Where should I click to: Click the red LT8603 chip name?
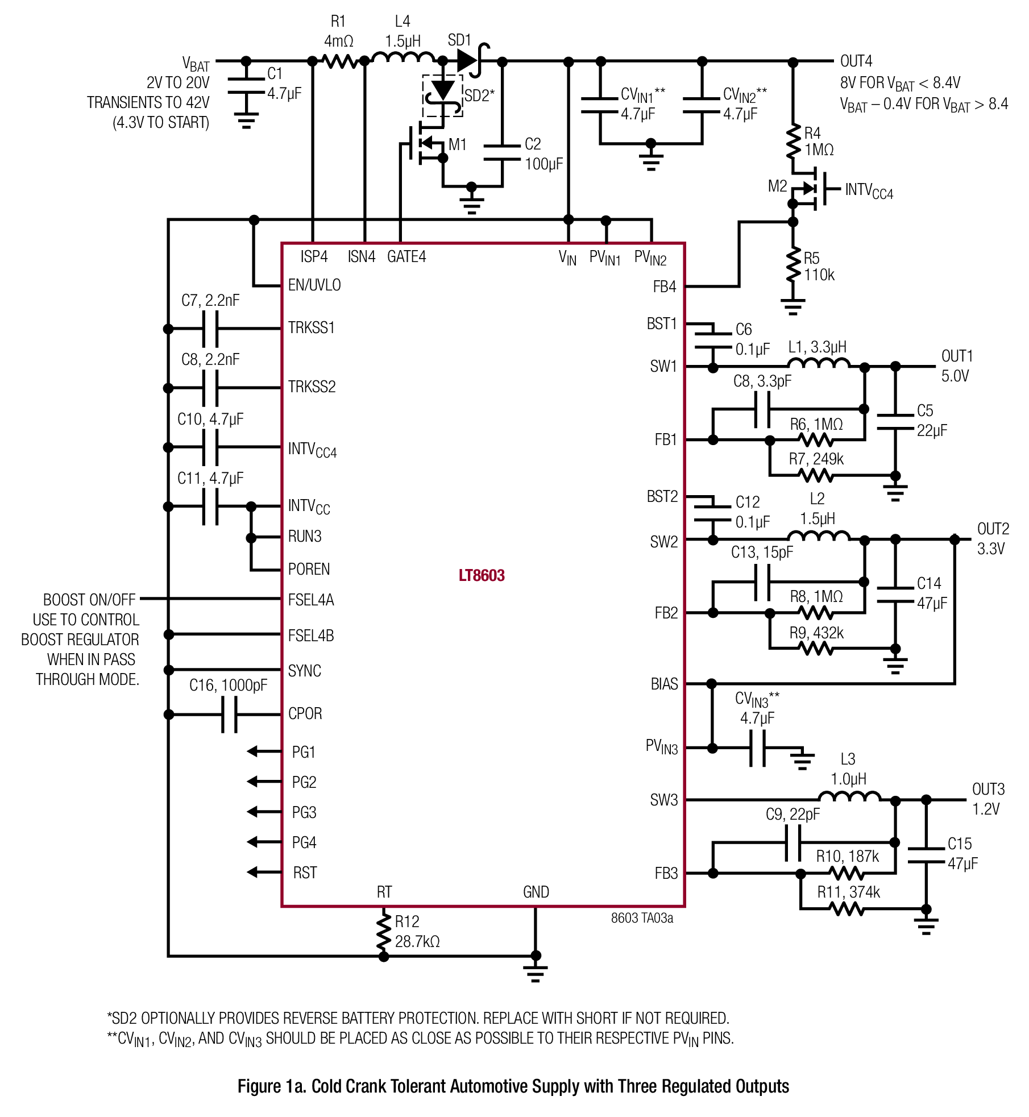pos(482,575)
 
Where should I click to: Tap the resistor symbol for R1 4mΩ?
pos(340,61)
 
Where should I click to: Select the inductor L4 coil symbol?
pos(403,57)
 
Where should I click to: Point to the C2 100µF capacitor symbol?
pos(501,153)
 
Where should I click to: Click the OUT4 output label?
pos(856,61)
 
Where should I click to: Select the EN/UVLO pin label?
pos(314,285)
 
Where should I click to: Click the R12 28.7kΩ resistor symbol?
pos(384,931)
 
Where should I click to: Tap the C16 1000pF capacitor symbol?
pos(229,715)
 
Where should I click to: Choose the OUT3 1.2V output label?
pos(988,799)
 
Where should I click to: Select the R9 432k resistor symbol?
pos(816,648)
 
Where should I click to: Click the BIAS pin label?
pos(664,684)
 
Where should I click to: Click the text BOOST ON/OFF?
pos(89,600)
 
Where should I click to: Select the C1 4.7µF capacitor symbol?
pos(246,86)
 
